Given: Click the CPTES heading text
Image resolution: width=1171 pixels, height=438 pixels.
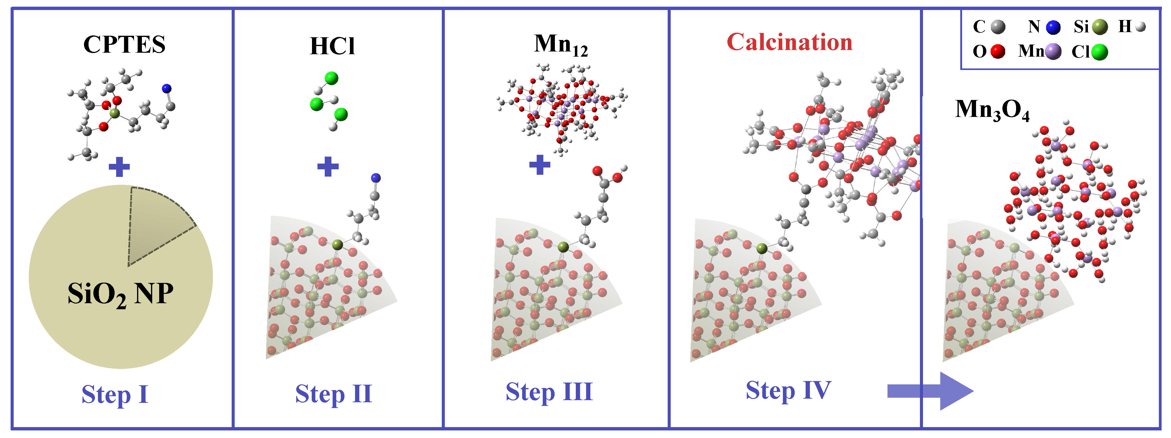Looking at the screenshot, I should (x=124, y=45).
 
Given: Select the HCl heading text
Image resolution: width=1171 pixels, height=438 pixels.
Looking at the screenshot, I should (x=332, y=46).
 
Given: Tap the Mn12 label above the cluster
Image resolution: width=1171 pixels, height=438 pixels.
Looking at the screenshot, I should (x=561, y=45).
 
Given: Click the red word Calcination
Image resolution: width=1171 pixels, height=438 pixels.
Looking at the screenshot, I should (x=790, y=42).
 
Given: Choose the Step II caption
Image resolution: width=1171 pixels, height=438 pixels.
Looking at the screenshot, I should (x=334, y=393).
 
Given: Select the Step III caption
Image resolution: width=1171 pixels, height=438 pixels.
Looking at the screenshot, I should (x=549, y=392).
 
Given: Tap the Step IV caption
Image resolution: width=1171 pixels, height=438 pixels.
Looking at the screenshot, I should (x=788, y=390).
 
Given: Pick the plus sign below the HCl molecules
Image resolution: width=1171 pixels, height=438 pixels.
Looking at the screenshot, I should (x=328, y=166).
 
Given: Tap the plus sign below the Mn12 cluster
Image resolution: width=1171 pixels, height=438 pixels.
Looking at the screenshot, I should (x=540, y=164).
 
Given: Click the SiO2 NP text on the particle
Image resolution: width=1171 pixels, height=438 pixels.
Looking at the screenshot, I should (x=120, y=294).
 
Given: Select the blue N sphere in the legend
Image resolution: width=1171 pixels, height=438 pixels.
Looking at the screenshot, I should (x=1053, y=27).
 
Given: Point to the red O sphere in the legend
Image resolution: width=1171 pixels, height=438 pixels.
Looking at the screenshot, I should (x=998, y=51).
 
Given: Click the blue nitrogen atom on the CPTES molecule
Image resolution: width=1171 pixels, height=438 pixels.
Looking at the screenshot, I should (x=167, y=88).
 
